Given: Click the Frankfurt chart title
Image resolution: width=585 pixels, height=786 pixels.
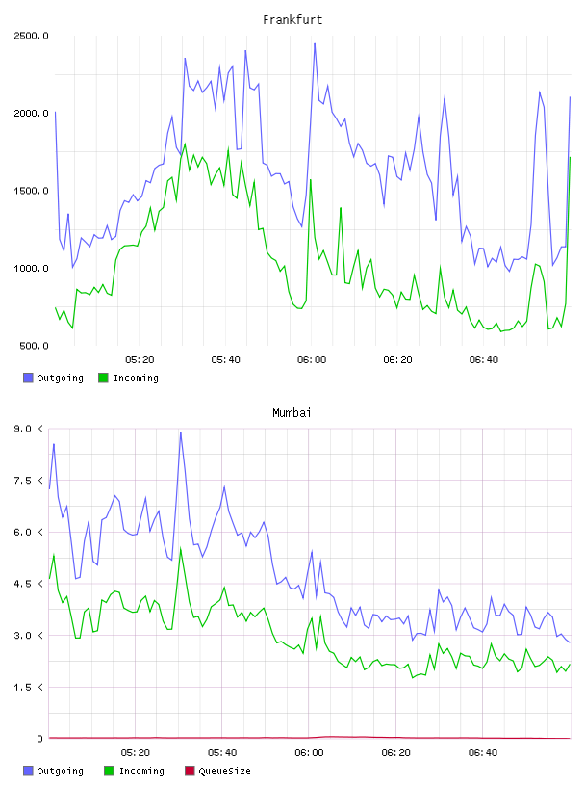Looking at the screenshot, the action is coord(292,20).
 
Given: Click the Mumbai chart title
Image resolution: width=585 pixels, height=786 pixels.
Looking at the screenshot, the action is coord(292,413).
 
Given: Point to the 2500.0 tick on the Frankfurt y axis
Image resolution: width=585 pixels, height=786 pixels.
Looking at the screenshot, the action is coord(31,36).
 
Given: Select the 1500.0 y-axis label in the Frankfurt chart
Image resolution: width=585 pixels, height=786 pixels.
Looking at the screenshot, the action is coord(31,191).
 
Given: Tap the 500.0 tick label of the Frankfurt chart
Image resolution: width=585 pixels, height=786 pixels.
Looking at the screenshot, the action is coord(34,346).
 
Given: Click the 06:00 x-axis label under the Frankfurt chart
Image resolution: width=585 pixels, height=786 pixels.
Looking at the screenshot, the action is coord(312,359).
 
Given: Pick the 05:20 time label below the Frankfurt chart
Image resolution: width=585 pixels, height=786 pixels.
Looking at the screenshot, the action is coord(140,359).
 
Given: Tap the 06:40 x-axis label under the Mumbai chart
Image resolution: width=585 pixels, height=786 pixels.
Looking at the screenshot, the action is coord(483,752).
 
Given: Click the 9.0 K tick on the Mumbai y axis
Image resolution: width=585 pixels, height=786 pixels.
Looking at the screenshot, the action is coord(29,429).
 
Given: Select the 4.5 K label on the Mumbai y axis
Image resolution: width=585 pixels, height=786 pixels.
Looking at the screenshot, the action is coord(29,584).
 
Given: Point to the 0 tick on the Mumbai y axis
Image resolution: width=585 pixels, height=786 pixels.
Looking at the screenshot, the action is coord(39,739).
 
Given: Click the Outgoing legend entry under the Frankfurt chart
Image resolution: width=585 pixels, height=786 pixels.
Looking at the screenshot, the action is coord(53,378).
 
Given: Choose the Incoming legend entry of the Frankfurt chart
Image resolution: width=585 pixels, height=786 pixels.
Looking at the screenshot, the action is coord(129,378).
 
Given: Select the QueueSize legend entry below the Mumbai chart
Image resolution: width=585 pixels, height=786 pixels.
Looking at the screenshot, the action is coord(217,771).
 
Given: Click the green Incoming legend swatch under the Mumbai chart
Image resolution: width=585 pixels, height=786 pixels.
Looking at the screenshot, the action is coord(109,771).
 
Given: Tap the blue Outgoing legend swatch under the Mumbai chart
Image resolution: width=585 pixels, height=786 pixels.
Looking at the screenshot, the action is coord(28,771).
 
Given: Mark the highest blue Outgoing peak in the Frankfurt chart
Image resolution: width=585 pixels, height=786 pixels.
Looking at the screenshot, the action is coord(315,43).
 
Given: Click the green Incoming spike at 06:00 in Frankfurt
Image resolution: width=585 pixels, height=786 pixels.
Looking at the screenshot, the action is coord(311,179).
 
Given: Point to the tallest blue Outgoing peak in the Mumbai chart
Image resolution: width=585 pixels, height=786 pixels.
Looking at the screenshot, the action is coord(180,432).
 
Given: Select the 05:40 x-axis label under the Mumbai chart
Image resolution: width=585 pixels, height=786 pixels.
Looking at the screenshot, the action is coord(222,752).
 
